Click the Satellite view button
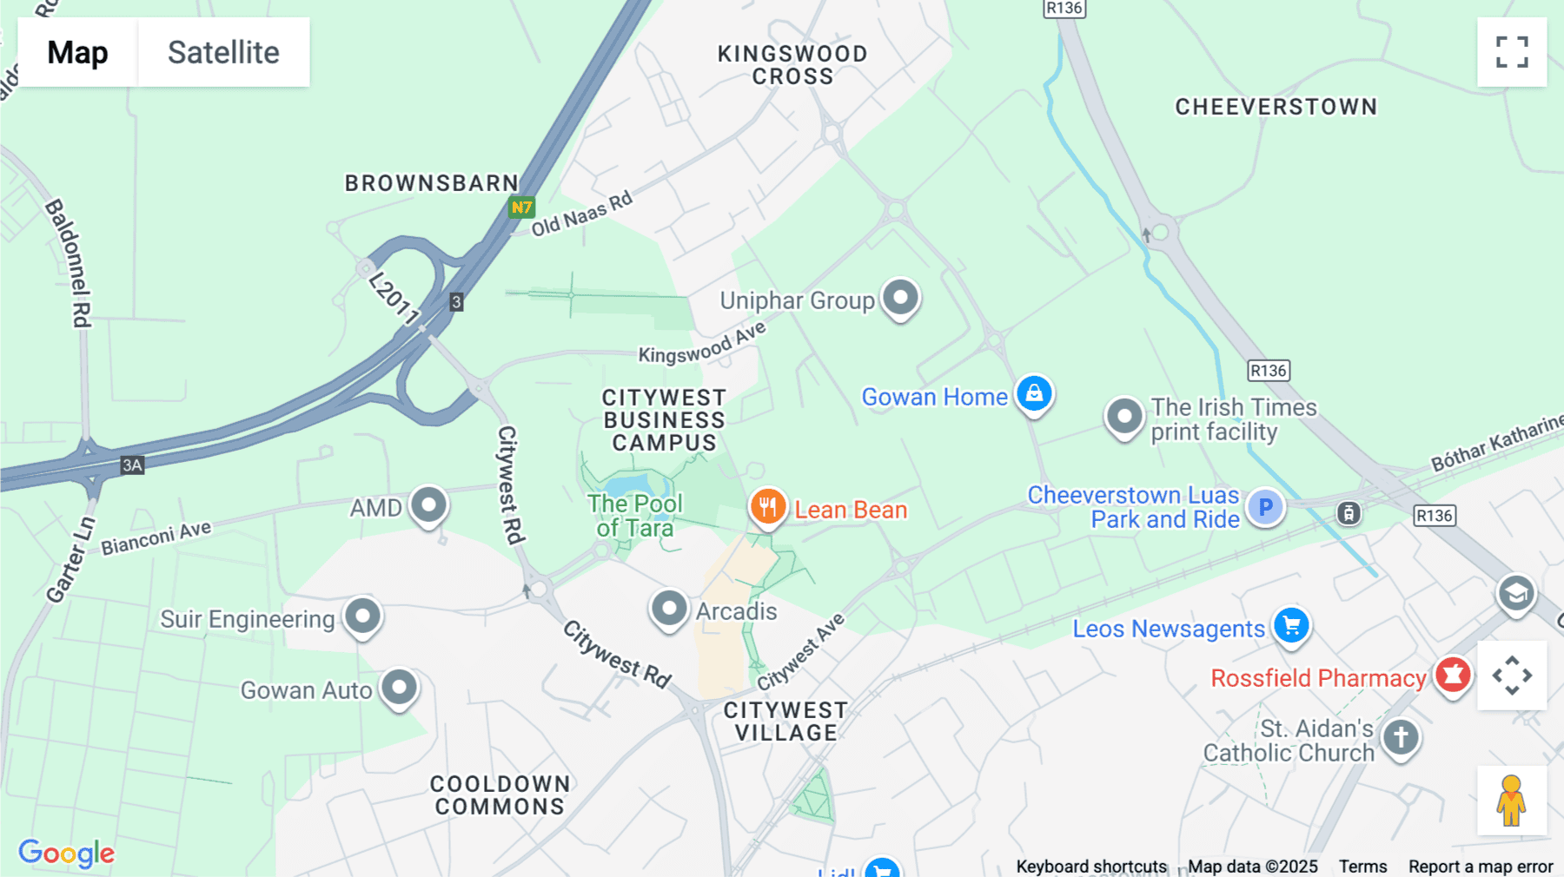223,52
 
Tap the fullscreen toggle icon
1512,52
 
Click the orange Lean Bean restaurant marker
767,507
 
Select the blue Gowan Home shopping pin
1034,394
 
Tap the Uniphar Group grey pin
900,299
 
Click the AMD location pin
428,505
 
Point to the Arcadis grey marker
669,609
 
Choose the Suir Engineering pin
362,617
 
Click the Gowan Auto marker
400,688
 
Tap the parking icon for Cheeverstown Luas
1265,507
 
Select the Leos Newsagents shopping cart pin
1291,625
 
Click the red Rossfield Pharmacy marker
1452,675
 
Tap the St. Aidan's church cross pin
1400,738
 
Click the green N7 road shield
521,208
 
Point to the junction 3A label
132,465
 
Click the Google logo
66,854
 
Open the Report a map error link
1481,867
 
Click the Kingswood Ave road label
702,343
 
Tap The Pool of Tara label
635,516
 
